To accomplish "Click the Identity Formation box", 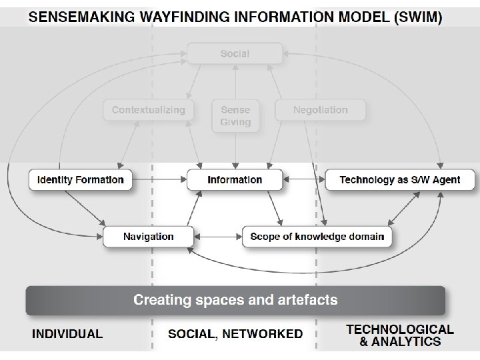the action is (81, 180).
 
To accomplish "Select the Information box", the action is (235, 180).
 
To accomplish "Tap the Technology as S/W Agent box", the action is (401, 180).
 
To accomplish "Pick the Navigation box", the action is (148, 237).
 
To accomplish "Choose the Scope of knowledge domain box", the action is (317, 237).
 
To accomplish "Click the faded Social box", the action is (235, 54).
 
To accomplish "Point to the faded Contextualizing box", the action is (148, 110).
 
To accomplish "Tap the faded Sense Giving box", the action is (235, 116).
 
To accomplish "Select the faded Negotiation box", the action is (321, 110).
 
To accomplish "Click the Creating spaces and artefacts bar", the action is (235, 300).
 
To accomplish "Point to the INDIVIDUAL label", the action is (67, 334).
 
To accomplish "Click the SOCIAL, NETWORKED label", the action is (235, 334).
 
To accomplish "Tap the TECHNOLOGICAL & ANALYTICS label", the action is (400, 335).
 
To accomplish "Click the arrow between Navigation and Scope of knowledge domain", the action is (217, 237).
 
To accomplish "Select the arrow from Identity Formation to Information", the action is (160, 179).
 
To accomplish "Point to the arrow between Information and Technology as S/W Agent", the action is (303, 179).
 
